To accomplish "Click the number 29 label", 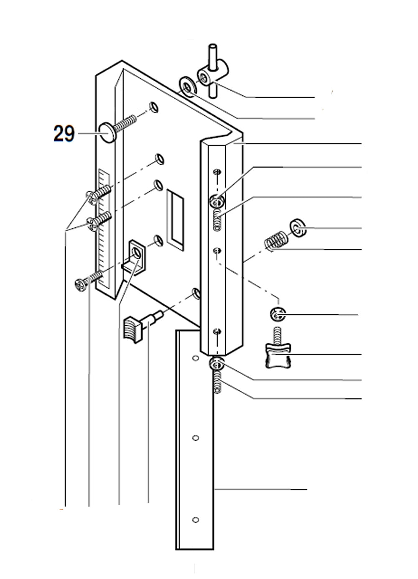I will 64,134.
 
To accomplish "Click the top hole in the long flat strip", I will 194,359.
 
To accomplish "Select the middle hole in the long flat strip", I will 194,438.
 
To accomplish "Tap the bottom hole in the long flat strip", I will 194,520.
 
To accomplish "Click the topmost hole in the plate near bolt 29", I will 154,107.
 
